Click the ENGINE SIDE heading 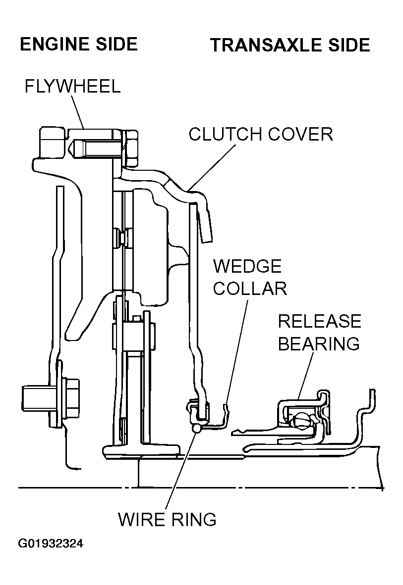(x=78, y=45)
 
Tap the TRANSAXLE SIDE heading (x=290, y=45)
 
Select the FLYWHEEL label (x=72, y=87)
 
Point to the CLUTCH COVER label (x=261, y=134)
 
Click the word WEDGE (x=247, y=266)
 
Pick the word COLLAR (x=250, y=289)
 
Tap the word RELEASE (x=319, y=321)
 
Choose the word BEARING (x=319, y=343)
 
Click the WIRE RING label (x=167, y=520)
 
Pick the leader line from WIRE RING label (x=181, y=470)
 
